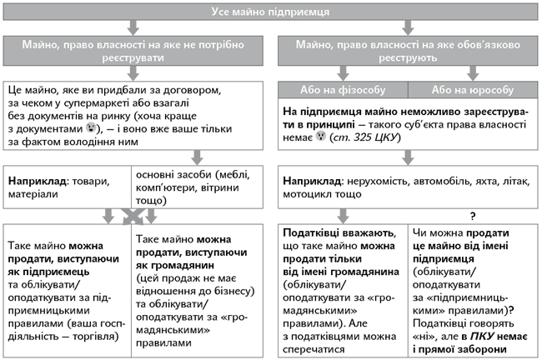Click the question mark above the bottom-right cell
coord(473,214)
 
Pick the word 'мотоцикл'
coord(310,194)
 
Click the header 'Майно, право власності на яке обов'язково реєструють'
coord(408,49)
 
